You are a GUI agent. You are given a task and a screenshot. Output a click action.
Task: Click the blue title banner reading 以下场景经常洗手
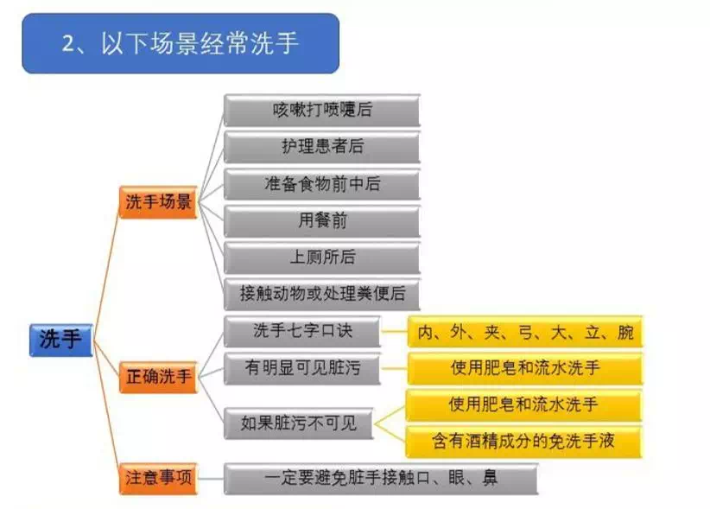click(181, 43)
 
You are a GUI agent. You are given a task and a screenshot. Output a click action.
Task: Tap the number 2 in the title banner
click(69, 44)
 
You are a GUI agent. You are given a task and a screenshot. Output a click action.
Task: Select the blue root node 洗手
click(61, 340)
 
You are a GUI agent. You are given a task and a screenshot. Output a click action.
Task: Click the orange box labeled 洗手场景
click(158, 202)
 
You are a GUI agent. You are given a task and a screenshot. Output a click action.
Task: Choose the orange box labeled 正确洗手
click(158, 377)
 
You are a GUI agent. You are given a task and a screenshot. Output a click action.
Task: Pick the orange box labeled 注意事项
click(158, 478)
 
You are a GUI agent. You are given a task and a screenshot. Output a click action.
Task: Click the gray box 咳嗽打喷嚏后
click(322, 110)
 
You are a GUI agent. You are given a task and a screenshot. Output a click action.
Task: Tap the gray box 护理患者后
click(322, 147)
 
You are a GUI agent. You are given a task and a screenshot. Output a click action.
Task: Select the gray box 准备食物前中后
click(322, 184)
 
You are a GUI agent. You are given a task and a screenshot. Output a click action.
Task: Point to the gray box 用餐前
click(322, 221)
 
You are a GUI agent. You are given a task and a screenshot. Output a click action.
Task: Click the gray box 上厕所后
click(322, 258)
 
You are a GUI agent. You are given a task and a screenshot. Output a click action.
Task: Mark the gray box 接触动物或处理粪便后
click(322, 295)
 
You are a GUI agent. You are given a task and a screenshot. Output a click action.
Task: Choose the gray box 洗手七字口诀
click(302, 332)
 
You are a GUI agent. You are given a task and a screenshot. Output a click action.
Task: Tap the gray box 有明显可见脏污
click(302, 368)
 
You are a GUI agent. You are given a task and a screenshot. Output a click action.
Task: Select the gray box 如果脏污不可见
click(298, 423)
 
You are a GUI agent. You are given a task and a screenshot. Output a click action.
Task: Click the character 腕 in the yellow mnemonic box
click(625, 333)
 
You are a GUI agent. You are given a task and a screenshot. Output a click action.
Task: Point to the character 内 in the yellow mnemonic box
click(426, 333)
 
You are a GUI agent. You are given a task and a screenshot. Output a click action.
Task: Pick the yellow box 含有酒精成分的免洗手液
click(524, 442)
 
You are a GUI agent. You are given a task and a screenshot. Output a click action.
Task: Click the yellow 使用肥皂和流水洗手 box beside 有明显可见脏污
click(525, 368)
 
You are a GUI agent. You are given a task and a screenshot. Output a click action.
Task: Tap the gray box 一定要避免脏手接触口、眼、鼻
click(381, 478)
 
